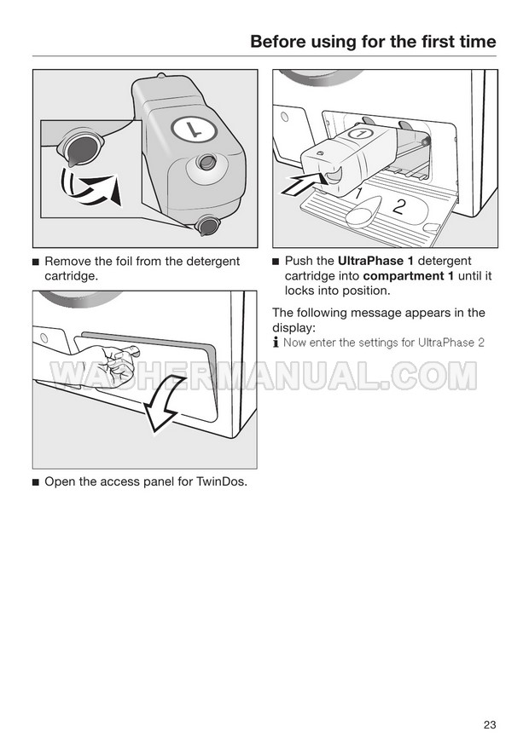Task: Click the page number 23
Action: pyautogui.click(x=489, y=724)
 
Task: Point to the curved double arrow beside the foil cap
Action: pyautogui.click(x=89, y=187)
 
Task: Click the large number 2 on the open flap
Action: pyautogui.click(x=399, y=205)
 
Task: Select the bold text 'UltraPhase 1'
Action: pyautogui.click(x=375, y=261)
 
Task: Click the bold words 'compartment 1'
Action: pyautogui.click(x=408, y=275)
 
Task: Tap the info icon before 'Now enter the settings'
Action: pyautogui.click(x=276, y=343)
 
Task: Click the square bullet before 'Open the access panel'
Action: pyautogui.click(x=35, y=482)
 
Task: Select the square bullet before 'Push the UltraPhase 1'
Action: pyautogui.click(x=275, y=262)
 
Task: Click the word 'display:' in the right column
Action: pyautogui.click(x=294, y=328)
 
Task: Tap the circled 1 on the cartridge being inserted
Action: pyautogui.click(x=361, y=132)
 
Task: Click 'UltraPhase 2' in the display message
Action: pyautogui.click(x=451, y=343)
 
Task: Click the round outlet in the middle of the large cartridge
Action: pyautogui.click(x=206, y=161)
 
